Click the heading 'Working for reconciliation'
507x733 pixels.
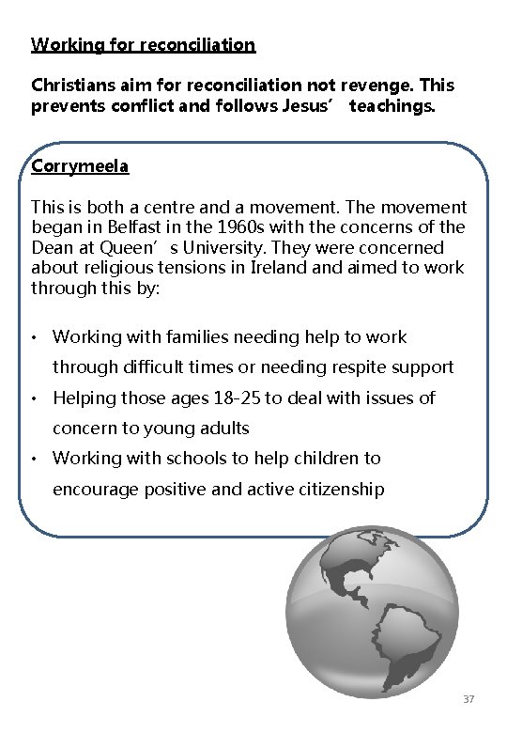pos(143,44)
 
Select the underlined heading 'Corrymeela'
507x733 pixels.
pos(80,166)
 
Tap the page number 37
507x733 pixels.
pos(469,700)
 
